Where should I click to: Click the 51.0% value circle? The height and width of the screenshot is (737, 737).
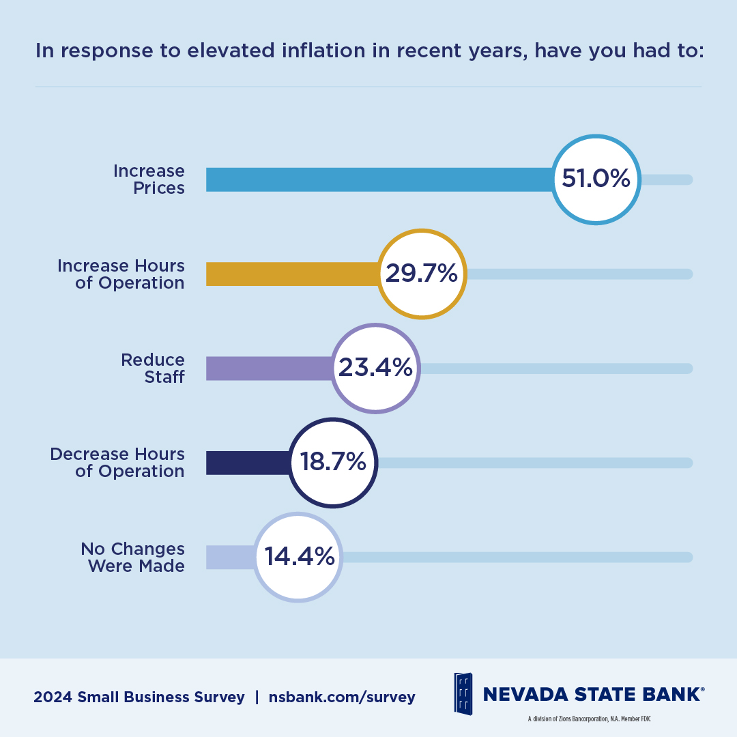(x=596, y=179)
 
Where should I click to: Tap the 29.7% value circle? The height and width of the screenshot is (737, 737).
(x=422, y=274)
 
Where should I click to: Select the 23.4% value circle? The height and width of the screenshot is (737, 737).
(x=375, y=368)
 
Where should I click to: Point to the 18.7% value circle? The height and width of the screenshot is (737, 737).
(x=332, y=462)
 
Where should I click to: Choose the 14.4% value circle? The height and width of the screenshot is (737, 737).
(x=298, y=557)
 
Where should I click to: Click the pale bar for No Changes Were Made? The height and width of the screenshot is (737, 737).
(x=229, y=557)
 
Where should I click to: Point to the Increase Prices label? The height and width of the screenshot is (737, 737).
(x=149, y=179)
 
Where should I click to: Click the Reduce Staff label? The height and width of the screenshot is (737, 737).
(x=153, y=369)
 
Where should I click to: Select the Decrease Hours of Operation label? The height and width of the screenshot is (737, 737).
(x=117, y=463)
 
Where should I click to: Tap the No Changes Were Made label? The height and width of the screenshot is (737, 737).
(x=132, y=558)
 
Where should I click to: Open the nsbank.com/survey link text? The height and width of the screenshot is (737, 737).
(x=342, y=697)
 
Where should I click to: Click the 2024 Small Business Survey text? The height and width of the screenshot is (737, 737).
(x=139, y=697)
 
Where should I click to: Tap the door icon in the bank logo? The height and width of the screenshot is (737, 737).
(x=463, y=693)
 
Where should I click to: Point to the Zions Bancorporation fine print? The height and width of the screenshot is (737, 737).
(x=591, y=719)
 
